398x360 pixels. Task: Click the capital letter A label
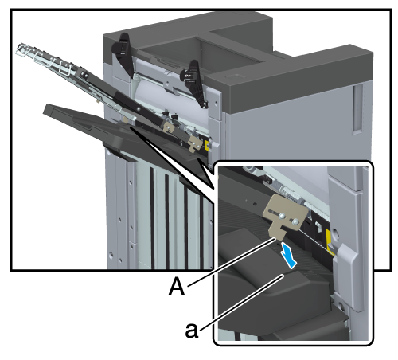(177, 286)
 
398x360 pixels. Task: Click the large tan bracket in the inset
(284, 214)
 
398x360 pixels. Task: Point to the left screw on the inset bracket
(283, 217)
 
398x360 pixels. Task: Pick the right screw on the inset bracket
(295, 221)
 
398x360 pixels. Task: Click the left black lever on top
(123, 53)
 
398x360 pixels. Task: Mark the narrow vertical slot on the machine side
(357, 109)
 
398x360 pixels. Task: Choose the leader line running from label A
(231, 262)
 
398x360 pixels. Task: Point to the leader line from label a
(242, 303)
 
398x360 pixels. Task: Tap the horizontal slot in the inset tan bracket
(274, 211)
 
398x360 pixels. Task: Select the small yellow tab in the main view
(207, 145)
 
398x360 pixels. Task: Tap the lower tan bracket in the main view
(194, 143)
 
